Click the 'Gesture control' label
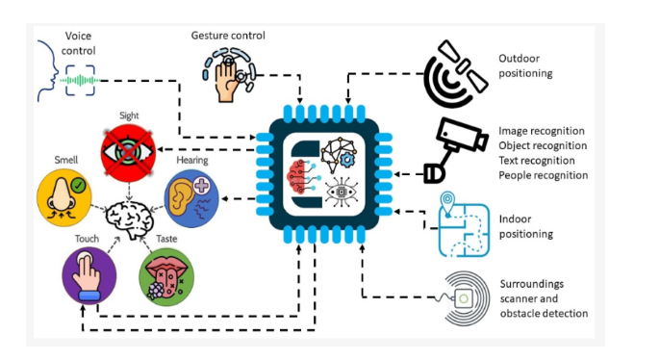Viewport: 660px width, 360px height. pos(228,36)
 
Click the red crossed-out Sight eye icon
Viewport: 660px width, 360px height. pos(128,151)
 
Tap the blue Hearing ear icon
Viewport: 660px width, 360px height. pos(190,198)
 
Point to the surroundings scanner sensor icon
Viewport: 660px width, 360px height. pos(461,299)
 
